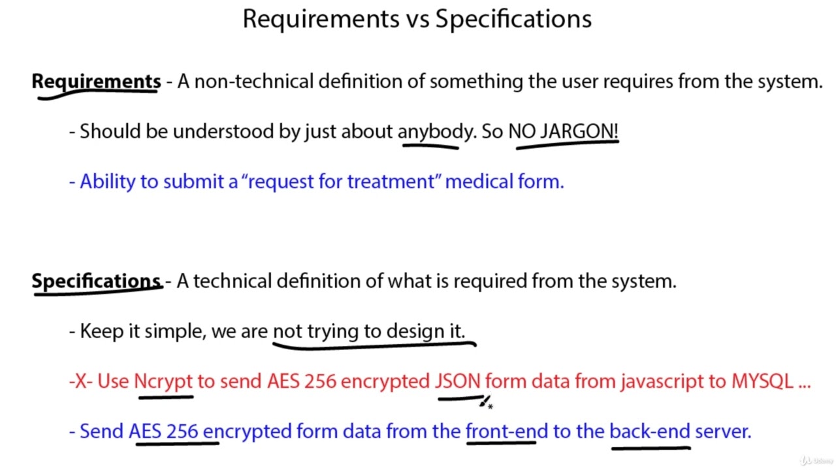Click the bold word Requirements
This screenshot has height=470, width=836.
96,82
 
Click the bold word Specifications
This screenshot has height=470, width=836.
96,281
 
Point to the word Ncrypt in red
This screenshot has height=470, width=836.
163,381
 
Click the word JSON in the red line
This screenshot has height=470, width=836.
458,381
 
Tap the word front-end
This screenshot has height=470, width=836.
501,431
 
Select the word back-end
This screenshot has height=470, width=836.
649,431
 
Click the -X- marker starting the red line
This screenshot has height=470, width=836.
80,381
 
